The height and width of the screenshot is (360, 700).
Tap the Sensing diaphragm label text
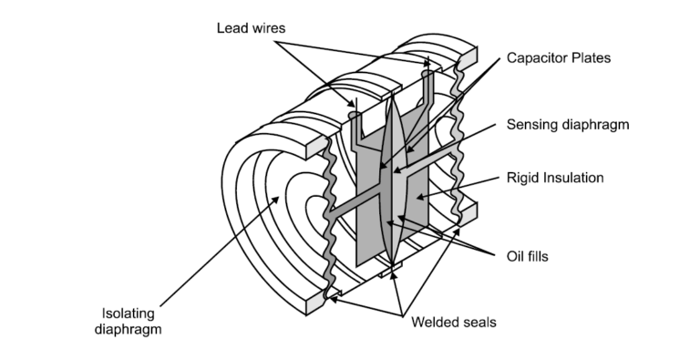(x=572, y=123)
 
